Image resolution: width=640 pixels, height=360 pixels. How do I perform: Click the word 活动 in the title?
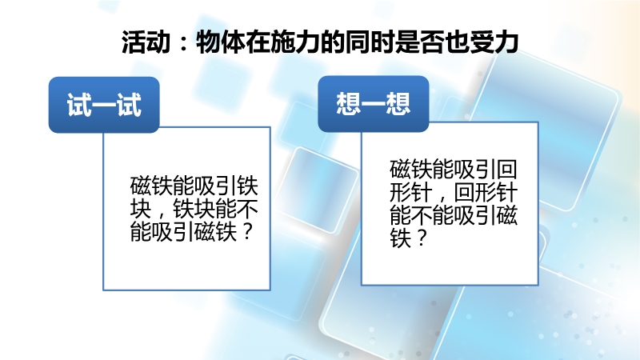point(146,42)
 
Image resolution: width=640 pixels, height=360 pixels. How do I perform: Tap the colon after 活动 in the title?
point(183,43)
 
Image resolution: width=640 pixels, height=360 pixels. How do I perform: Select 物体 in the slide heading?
point(220,42)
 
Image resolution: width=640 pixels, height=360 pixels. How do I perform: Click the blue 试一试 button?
point(104,105)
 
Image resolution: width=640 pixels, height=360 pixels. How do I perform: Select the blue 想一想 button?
point(374,104)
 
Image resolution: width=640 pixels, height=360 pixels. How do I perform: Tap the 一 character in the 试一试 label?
point(104,106)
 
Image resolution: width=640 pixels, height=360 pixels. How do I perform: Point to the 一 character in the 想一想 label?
point(374,104)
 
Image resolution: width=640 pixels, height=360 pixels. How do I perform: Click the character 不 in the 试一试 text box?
point(248,209)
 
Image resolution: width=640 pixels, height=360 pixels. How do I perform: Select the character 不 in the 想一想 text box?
point(422,215)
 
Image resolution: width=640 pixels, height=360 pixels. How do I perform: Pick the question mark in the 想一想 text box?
point(421,238)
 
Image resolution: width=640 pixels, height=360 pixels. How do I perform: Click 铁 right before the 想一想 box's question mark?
point(401,238)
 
